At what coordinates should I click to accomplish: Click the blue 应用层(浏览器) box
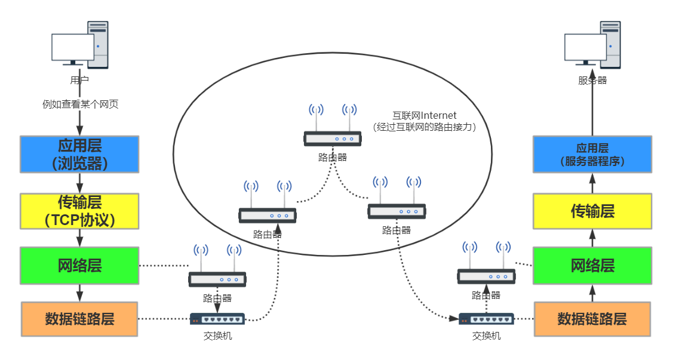point(79,154)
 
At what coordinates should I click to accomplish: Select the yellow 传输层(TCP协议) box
point(79,211)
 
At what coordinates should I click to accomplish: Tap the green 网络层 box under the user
point(79,265)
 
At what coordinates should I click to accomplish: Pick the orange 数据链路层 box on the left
point(79,319)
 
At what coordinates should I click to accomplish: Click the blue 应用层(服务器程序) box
point(592,154)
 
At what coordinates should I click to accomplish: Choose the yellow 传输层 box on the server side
point(592,211)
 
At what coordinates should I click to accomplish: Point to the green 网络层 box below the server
point(592,265)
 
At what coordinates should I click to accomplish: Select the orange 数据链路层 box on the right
point(592,319)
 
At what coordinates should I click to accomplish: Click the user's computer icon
point(80,45)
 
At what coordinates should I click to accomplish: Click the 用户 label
point(79,79)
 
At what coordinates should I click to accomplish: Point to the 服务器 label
point(592,80)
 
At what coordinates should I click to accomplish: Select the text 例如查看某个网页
point(80,104)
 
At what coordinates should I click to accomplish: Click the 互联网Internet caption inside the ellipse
point(424,115)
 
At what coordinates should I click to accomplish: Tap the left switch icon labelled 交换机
point(217,319)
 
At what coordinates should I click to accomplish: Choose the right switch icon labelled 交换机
point(486,319)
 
